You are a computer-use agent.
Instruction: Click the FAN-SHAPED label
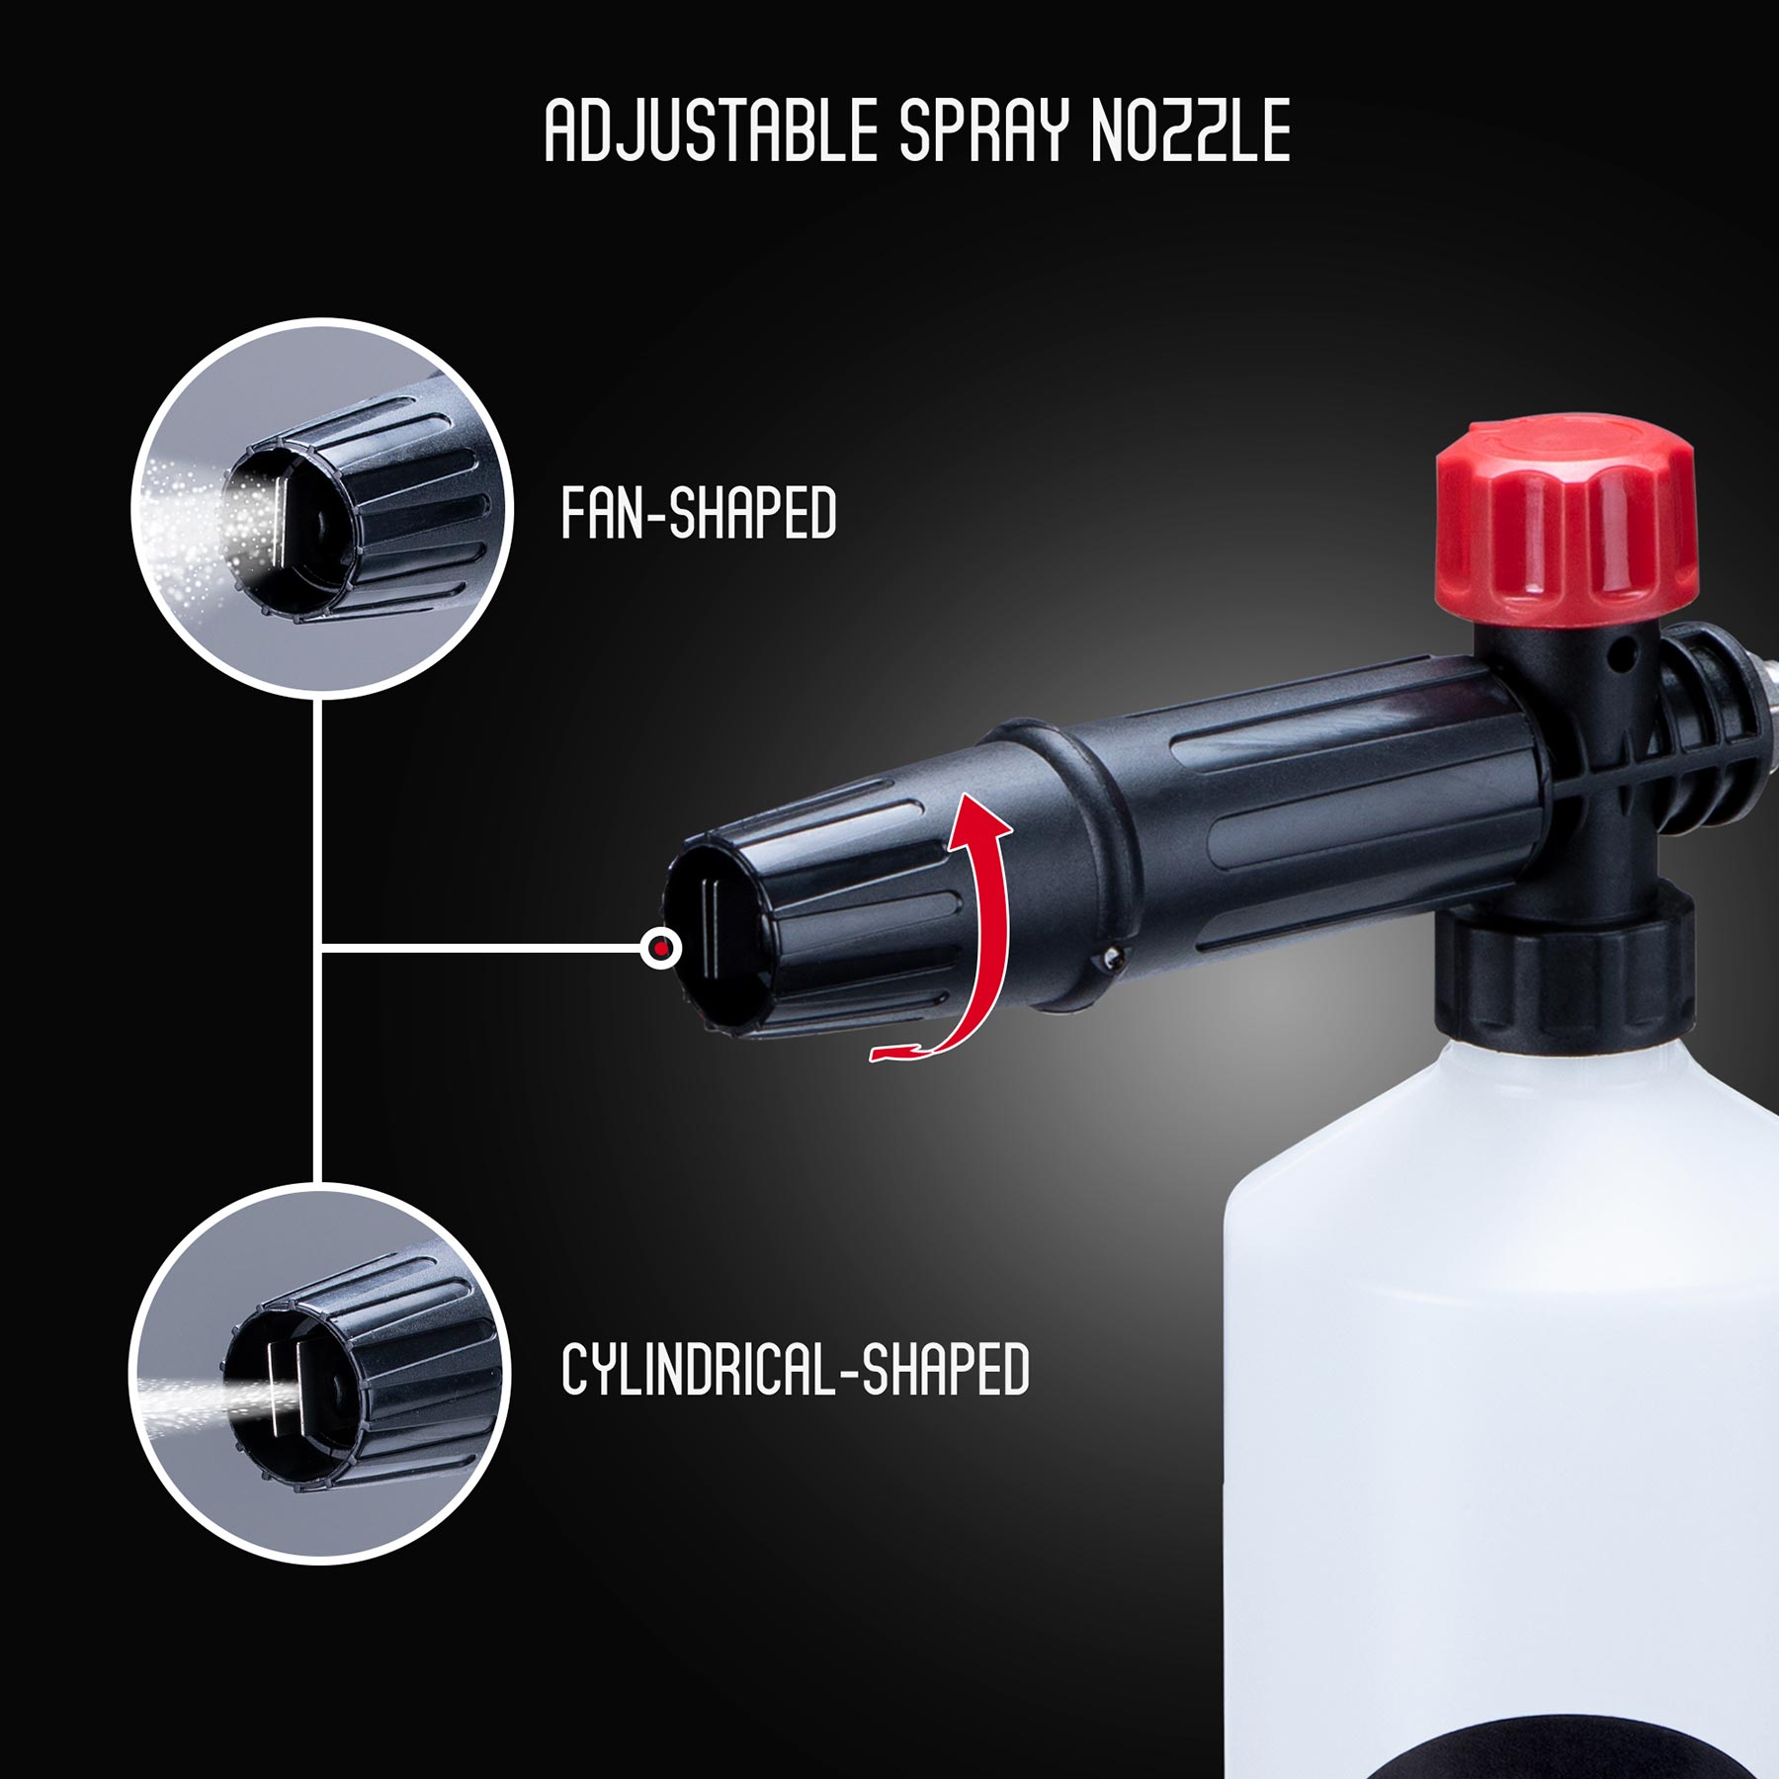coord(698,513)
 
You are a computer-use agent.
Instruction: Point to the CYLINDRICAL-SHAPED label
coord(796,1370)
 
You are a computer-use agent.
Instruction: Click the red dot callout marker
coord(661,949)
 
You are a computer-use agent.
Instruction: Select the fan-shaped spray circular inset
coord(322,508)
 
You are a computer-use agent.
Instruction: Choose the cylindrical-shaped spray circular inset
coord(320,1374)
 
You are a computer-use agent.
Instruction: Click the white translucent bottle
coord(1502,1384)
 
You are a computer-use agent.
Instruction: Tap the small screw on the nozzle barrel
coord(1112,957)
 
